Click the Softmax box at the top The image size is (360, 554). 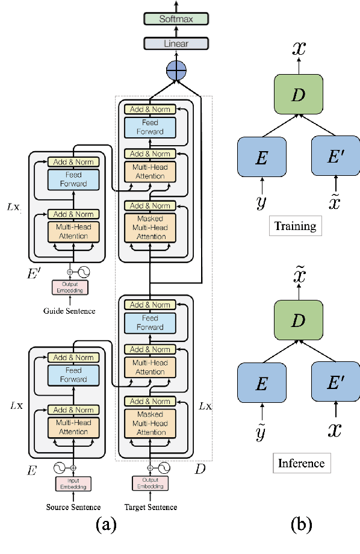point(175,19)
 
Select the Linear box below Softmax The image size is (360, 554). point(175,43)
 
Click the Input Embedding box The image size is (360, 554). point(73,483)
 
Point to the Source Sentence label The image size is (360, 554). point(73,507)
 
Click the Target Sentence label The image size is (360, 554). point(151,507)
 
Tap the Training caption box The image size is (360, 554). point(295,226)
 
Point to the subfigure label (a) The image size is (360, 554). point(107,526)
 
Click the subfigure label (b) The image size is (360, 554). point(301,526)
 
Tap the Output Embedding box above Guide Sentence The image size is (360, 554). point(70,287)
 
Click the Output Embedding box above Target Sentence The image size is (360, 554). point(151,483)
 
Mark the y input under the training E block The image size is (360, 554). point(261,202)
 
